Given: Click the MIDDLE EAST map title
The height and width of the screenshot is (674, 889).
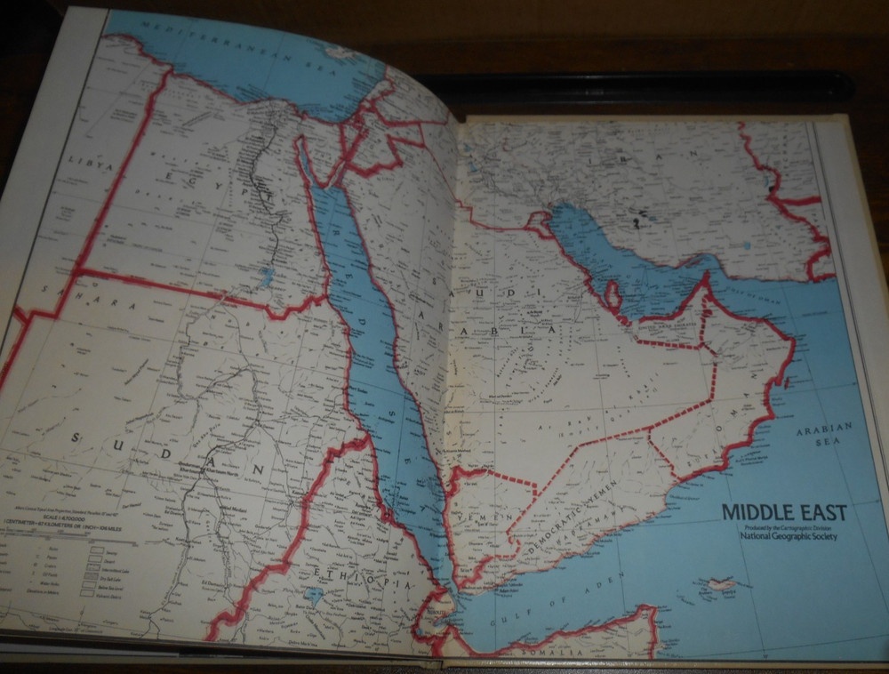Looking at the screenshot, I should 783,512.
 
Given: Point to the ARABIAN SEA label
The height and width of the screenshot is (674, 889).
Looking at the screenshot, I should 823,433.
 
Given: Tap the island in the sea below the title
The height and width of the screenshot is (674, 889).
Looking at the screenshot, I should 717,585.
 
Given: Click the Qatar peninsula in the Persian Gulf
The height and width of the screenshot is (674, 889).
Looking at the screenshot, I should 613,293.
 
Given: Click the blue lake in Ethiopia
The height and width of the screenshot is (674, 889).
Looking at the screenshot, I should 312,594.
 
